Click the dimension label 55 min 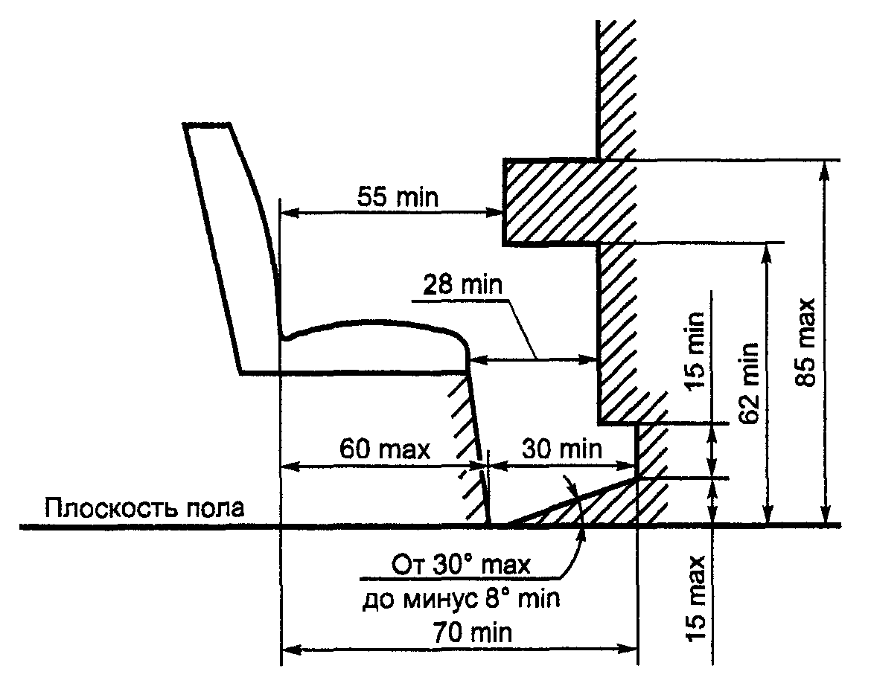coord(398,197)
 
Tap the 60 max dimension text coord(385,449)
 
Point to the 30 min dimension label coord(561,449)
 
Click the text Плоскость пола coord(144,509)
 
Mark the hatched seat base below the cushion coord(471,446)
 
